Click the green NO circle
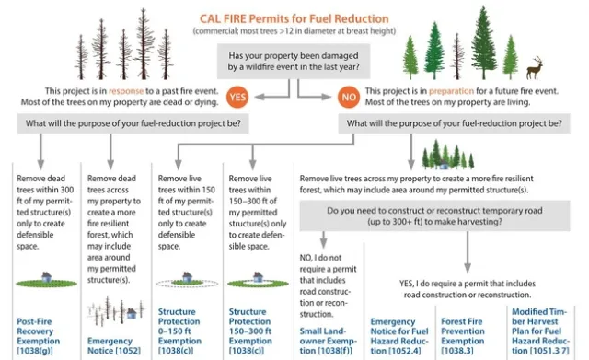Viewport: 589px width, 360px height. [x=347, y=97]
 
